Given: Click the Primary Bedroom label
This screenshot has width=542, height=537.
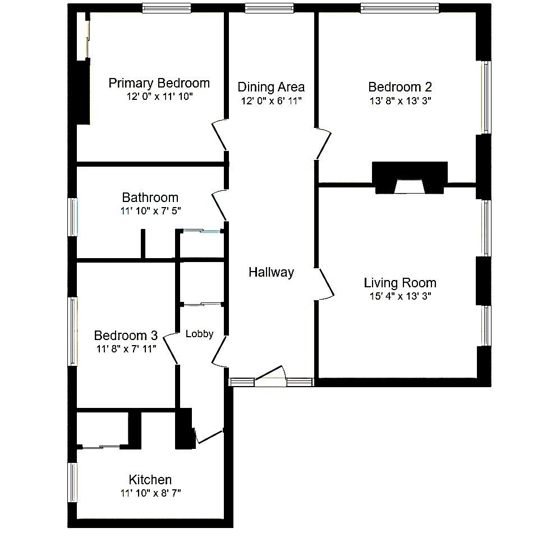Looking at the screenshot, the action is tap(159, 84).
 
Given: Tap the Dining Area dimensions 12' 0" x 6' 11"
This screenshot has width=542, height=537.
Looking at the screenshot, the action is tap(272, 101).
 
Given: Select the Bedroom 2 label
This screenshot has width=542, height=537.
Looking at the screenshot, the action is tap(400, 87).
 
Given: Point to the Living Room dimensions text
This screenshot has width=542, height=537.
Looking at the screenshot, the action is tap(400, 296).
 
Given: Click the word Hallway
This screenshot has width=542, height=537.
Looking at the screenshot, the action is tap(272, 272).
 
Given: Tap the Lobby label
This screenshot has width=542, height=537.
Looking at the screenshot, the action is tap(199, 334).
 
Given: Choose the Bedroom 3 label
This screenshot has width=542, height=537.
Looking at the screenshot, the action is tap(126, 336).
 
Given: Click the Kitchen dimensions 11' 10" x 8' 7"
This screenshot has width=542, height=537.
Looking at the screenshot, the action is tap(150, 493).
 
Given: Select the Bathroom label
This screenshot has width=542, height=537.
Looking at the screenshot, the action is tap(150, 198).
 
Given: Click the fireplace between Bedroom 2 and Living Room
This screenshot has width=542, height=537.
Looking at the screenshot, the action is tap(410, 178).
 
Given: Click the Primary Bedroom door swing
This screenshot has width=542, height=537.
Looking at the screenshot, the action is tap(220, 135).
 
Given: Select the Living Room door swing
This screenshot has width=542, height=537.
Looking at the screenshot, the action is tap(325, 284).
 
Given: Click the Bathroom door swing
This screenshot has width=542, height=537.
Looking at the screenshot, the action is tap(220, 205).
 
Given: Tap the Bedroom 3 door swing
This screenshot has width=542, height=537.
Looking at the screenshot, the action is tap(171, 348).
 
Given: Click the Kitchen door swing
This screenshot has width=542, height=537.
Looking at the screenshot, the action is tap(209, 437).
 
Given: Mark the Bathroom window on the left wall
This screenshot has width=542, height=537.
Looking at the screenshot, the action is tap(72, 217).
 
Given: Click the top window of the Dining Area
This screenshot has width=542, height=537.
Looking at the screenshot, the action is tap(269, 8).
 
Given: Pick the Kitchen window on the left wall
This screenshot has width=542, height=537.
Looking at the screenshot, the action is tap(72, 483).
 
